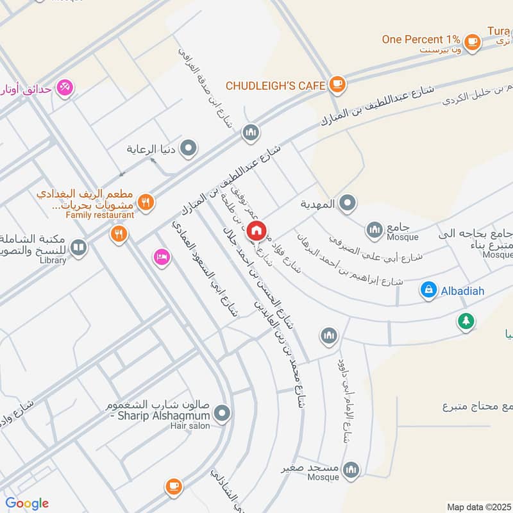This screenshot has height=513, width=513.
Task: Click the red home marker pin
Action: click(256, 230)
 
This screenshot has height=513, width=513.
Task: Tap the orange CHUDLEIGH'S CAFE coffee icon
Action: click(337, 84)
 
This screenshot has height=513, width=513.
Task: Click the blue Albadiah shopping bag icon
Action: click(428, 290)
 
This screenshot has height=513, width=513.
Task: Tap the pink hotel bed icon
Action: click(160, 258)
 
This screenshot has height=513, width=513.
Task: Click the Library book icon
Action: click(79, 247)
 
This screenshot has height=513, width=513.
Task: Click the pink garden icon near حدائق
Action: click(65, 87)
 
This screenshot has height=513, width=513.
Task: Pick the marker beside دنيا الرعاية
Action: click(188, 149)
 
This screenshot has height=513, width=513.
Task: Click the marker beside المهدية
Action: click(347, 204)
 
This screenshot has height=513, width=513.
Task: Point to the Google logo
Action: click(27, 503)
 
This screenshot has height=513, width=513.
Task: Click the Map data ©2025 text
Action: click(478, 507)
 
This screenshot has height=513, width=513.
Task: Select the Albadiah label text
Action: click(462, 291)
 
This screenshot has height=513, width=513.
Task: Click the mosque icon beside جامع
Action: click(374, 230)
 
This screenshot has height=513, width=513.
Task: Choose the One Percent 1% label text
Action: click(421, 39)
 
